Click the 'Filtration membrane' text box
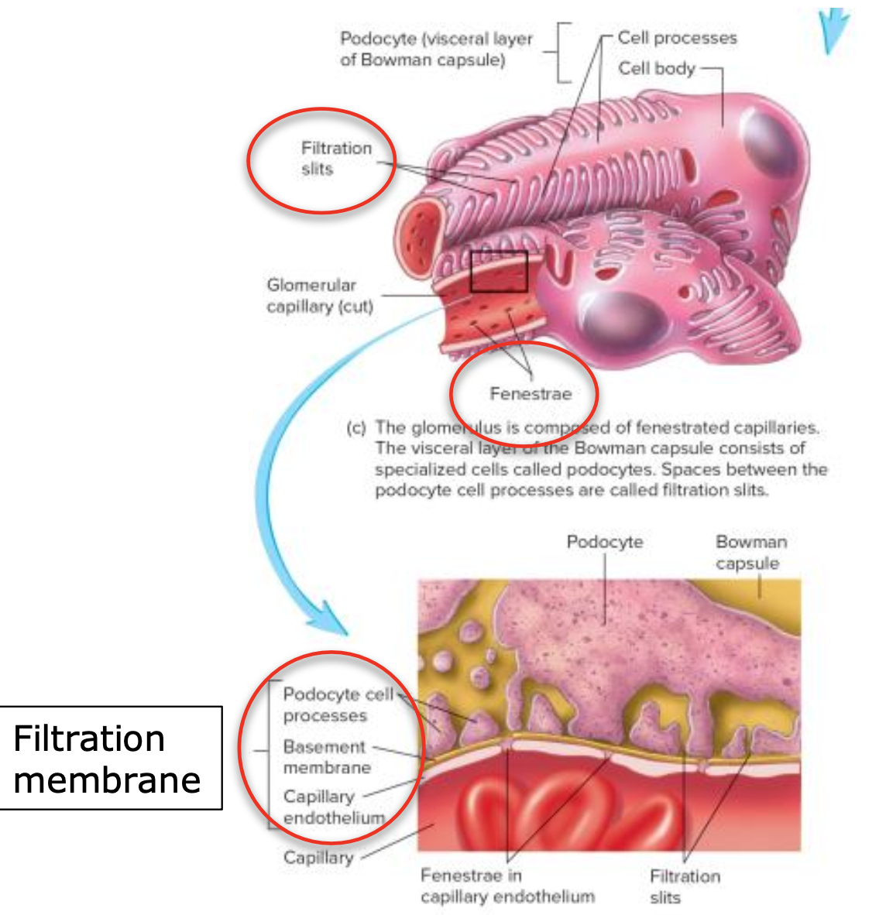[108, 759]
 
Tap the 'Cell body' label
[656, 68]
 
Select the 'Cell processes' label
[677, 38]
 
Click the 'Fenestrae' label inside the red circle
[531, 393]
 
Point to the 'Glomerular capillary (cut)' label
[319, 296]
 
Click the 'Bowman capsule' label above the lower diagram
[750, 552]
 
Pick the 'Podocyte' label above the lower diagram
[604, 542]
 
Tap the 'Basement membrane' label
[325, 757]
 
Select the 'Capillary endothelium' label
[331, 807]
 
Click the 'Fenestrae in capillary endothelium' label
[507, 886]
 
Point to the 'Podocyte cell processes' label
[337, 704]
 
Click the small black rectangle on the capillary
[499, 271]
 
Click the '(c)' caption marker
[355, 427]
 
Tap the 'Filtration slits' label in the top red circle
[335, 158]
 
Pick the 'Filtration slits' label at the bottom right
[684, 886]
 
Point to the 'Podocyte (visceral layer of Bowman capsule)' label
[436, 49]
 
